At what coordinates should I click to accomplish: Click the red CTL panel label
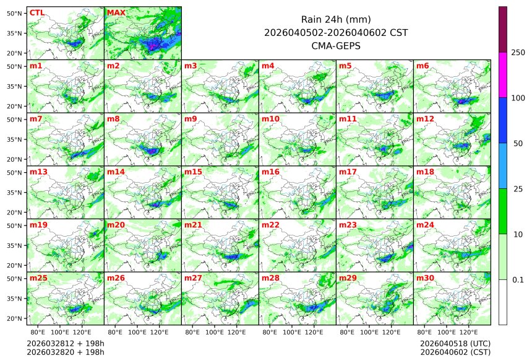[x=36, y=12]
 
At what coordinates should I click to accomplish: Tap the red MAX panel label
[x=115, y=12]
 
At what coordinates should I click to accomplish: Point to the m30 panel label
[x=424, y=278]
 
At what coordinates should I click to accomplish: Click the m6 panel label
[x=423, y=66]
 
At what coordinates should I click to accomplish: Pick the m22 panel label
[x=270, y=225]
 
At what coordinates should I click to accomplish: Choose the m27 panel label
[x=192, y=278]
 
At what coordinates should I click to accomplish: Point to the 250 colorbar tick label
[x=518, y=53]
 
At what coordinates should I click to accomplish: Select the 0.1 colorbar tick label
[x=518, y=280]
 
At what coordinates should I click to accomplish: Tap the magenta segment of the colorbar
[x=503, y=74]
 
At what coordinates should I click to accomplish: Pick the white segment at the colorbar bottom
[x=503, y=302]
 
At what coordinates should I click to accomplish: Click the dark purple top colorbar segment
[x=503, y=29]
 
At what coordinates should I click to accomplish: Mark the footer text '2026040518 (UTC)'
[x=455, y=343]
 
